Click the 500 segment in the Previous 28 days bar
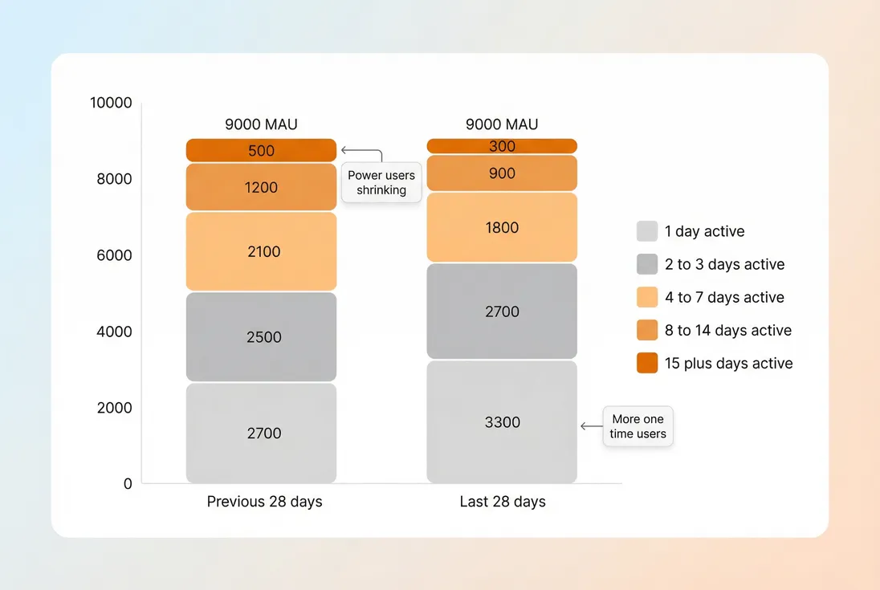click(x=261, y=150)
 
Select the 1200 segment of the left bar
click(x=261, y=187)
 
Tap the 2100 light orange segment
click(x=261, y=251)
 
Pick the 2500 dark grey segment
click(x=261, y=336)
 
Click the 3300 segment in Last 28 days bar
click(x=502, y=422)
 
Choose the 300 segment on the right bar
click(x=502, y=146)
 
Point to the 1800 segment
click(x=502, y=227)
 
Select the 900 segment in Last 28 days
click(x=502, y=173)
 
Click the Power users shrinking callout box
click(x=381, y=183)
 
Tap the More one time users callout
click(x=638, y=426)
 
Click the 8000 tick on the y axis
click(x=114, y=179)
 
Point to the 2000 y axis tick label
click(x=114, y=408)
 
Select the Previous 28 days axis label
click(x=264, y=502)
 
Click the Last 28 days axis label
click(x=503, y=502)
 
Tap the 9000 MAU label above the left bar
click(x=261, y=124)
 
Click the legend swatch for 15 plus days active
click(x=647, y=363)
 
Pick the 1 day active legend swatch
click(x=647, y=231)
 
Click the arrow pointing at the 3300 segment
click(x=590, y=426)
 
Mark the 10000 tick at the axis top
click(x=111, y=103)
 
